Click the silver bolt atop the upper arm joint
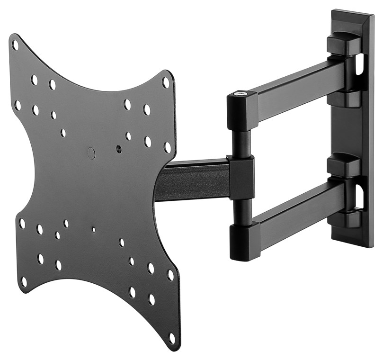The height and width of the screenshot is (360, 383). tap(241, 94)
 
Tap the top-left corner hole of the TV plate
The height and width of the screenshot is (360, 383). tap(15, 45)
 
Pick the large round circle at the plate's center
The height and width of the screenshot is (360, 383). tap(91, 153)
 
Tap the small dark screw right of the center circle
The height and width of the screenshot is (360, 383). tap(118, 149)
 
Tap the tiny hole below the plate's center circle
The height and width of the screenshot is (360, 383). tap(94, 230)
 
